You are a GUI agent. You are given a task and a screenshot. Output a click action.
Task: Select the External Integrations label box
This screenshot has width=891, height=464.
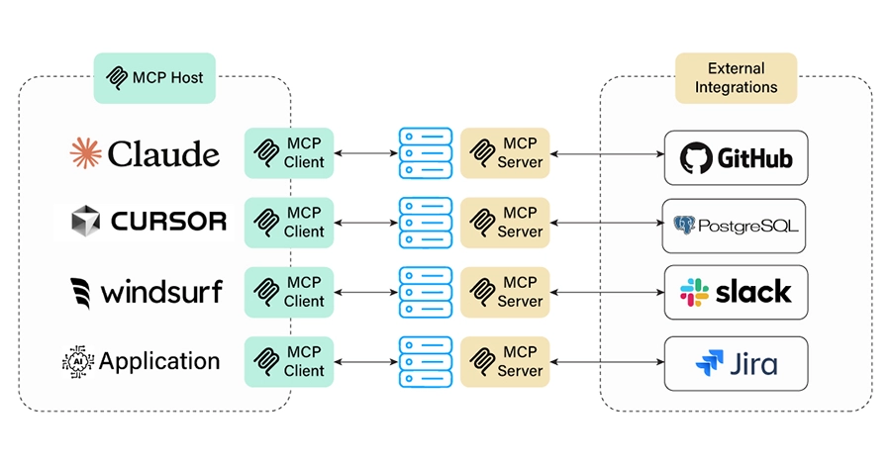736,78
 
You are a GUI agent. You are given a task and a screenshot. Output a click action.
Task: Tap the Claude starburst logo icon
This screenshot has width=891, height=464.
86,153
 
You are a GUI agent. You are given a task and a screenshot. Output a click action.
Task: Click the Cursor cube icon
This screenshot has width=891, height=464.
86,221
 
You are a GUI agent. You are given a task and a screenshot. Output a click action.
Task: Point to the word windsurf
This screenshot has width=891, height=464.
161,292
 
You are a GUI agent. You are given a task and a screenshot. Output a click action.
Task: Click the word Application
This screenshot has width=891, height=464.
159,361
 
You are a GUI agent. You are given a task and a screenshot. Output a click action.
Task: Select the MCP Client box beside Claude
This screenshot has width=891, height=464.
289,152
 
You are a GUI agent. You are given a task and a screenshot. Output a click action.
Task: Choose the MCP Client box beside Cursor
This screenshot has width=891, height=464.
289,222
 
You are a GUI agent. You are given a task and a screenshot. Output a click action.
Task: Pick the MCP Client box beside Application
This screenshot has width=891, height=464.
289,361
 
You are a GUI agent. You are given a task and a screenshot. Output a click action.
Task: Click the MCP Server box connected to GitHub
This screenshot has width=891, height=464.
505,152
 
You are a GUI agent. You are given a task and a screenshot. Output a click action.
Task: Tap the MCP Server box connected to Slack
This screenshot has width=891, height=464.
505,292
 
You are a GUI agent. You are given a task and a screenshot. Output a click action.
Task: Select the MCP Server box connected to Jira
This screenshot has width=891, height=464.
505,361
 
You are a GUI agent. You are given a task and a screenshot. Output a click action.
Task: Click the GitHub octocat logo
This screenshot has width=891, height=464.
697,157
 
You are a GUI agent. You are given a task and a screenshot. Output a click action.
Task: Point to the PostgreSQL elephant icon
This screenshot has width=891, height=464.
684,227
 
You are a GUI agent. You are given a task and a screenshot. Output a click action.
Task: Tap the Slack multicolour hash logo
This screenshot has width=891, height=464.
695,292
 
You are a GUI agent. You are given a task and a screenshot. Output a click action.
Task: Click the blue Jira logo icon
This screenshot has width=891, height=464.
709,363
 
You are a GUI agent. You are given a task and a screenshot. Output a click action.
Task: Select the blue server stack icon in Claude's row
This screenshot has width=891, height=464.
419,152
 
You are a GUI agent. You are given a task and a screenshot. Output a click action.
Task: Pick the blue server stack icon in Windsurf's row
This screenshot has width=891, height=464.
419,292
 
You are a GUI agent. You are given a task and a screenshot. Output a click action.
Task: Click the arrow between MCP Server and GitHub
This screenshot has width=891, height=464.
605,153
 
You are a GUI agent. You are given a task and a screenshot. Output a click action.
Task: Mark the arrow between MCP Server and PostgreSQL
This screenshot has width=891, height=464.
605,223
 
